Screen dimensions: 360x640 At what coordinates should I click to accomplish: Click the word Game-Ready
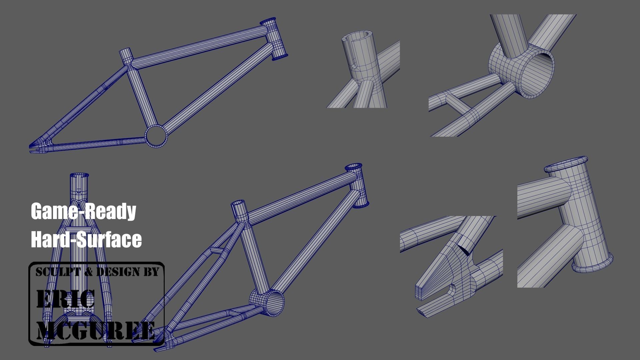click(83, 211)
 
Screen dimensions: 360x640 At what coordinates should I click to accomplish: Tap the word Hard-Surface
click(86, 239)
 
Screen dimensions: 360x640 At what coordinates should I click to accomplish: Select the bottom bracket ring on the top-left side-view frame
click(156, 136)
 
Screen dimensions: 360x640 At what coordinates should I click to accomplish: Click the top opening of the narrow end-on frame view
click(79, 175)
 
